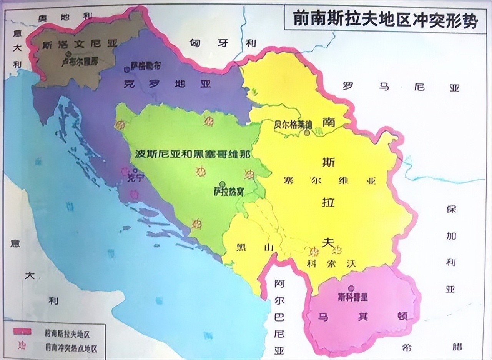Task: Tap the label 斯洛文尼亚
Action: click(80, 44)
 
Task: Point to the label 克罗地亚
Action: click(168, 84)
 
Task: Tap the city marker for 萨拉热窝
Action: click(222, 184)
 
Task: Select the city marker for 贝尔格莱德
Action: click(307, 133)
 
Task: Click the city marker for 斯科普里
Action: click(351, 288)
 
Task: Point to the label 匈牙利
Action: click(223, 43)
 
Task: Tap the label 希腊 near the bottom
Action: click(430, 347)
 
